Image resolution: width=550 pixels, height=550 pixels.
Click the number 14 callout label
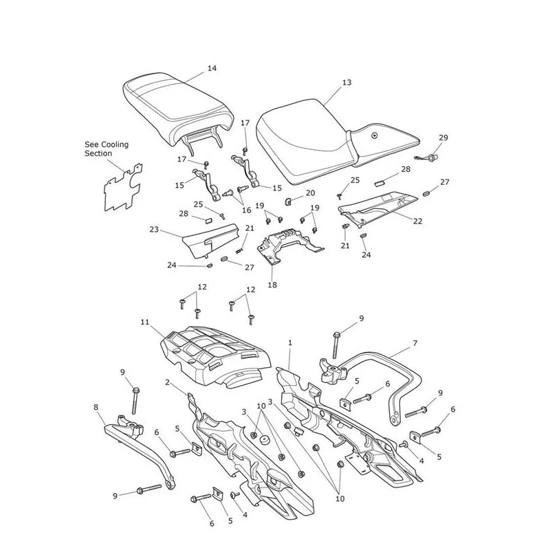(x=212, y=68)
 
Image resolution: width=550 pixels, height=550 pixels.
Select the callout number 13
(x=346, y=82)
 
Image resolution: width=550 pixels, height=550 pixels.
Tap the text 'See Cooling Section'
(x=107, y=148)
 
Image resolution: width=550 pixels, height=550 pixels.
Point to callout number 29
(x=443, y=137)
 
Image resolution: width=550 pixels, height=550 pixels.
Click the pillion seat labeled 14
(x=177, y=109)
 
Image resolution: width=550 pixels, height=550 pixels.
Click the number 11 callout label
(x=145, y=322)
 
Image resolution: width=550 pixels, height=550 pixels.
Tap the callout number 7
(x=415, y=343)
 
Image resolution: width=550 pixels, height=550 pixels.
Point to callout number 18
(x=272, y=285)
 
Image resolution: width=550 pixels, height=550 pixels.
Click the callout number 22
(x=418, y=221)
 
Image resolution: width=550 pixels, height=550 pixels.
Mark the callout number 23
(x=154, y=230)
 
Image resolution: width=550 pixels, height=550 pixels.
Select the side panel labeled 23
(x=210, y=241)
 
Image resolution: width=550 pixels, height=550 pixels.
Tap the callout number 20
(x=311, y=193)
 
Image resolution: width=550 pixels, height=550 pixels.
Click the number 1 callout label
(x=290, y=342)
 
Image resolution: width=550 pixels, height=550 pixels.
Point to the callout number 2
(x=167, y=382)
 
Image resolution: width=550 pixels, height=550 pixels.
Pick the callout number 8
(x=96, y=407)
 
